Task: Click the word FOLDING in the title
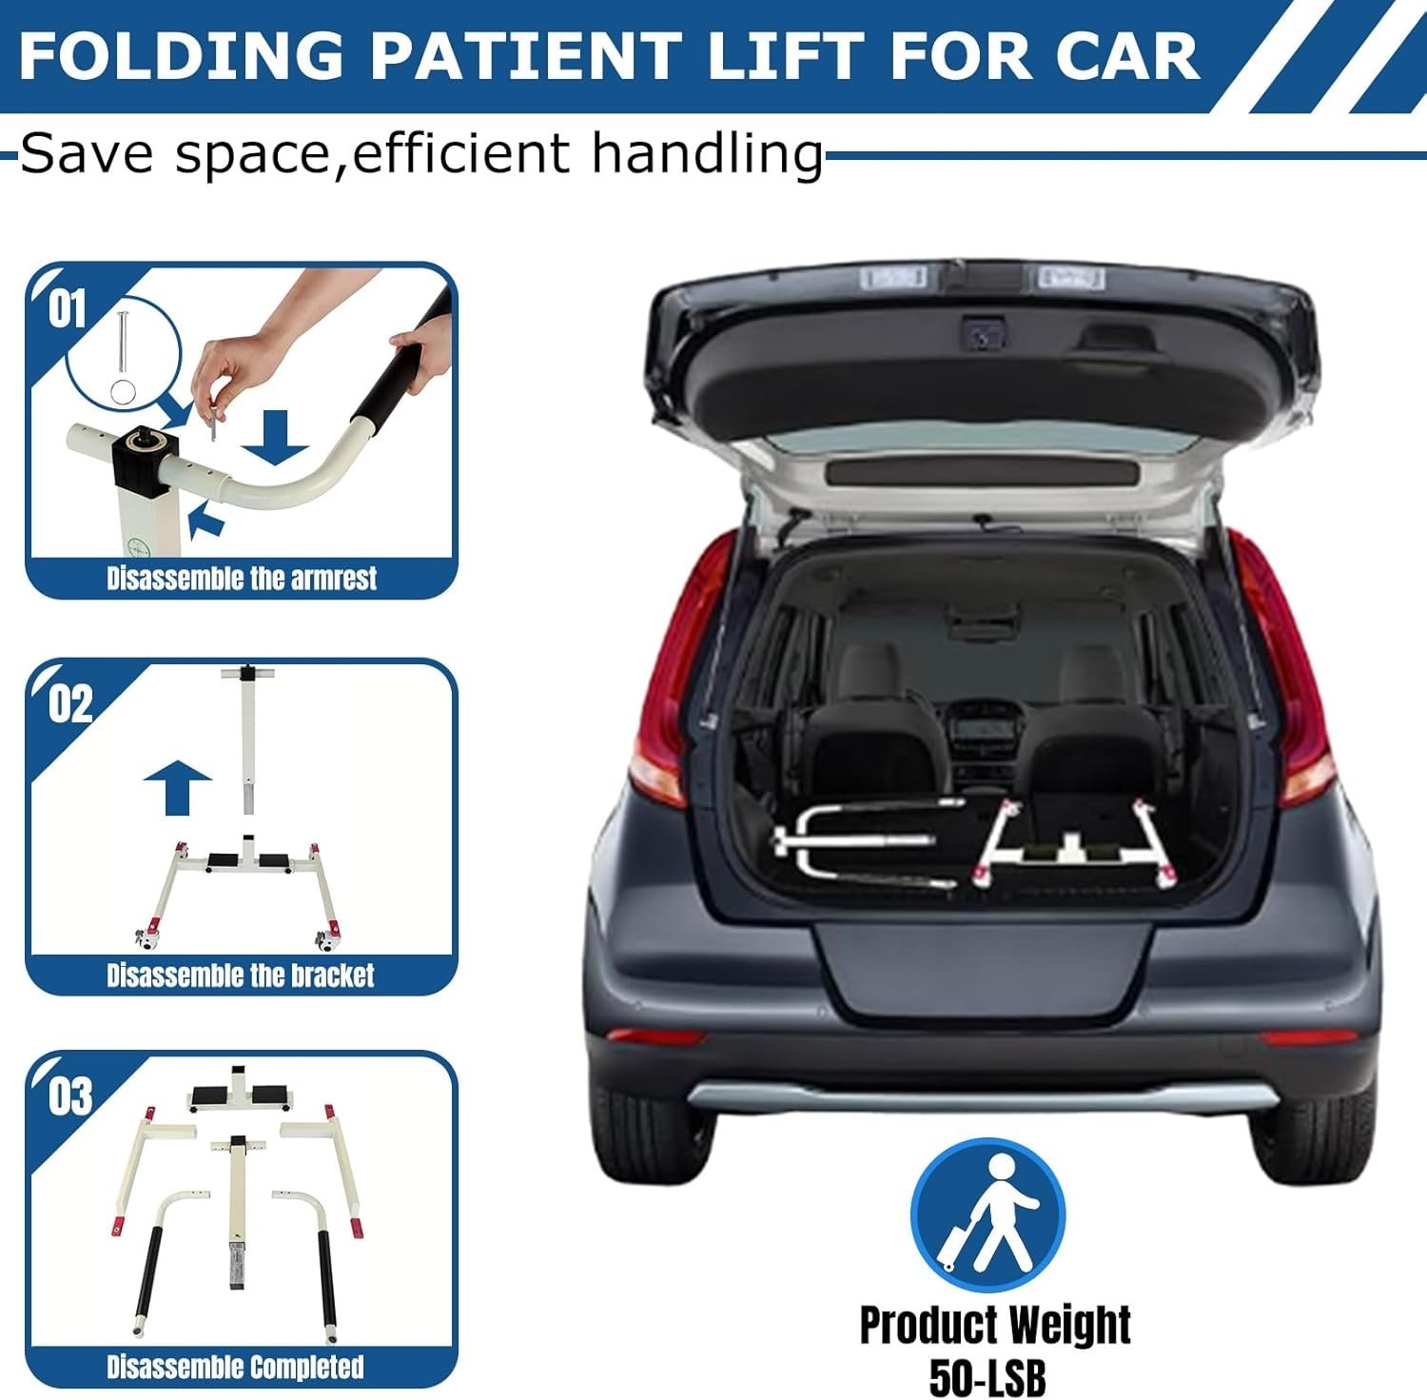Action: [x=181, y=55]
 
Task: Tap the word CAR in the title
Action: [x=1127, y=55]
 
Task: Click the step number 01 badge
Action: [x=68, y=309]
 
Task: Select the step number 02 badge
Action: [x=70, y=704]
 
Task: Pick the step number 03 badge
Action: [x=70, y=1096]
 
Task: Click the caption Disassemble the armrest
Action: [x=242, y=578]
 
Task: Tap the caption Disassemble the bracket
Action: [x=241, y=975]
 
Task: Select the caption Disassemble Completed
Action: [x=235, y=1367]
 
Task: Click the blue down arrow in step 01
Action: [x=275, y=438]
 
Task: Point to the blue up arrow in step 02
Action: [x=177, y=787]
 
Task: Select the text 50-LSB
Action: [x=987, y=1376]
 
